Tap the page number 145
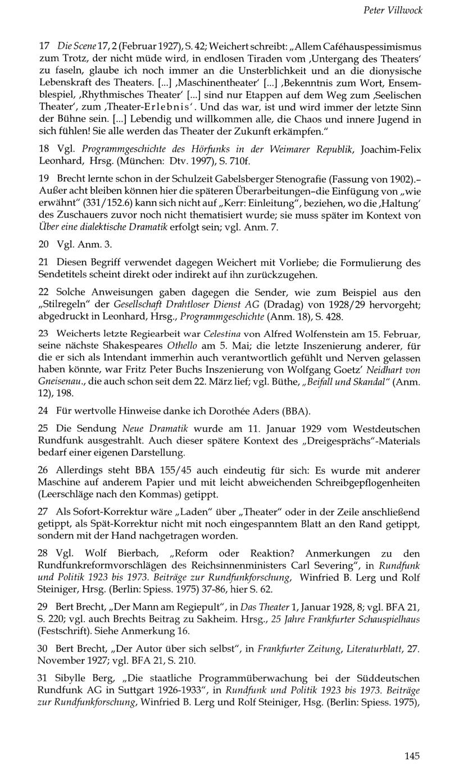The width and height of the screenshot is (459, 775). click(x=412, y=756)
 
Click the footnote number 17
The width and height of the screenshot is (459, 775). click(x=43, y=46)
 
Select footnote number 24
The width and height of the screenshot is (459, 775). click(x=43, y=411)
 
